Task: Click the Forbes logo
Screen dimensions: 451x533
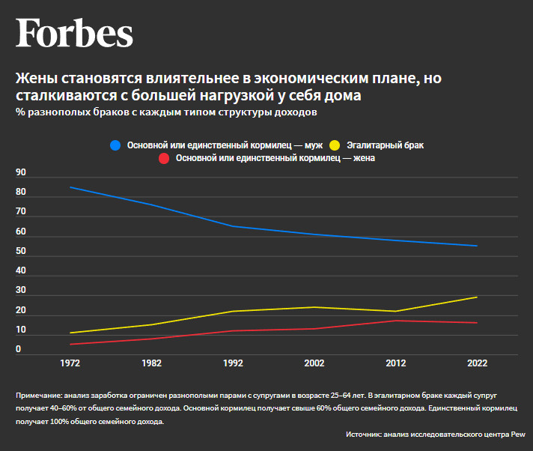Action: (x=75, y=33)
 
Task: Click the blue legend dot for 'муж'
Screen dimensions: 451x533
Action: (x=115, y=145)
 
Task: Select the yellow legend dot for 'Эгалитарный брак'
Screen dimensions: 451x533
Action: (x=335, y=145)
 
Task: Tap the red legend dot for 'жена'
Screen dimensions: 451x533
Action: (x=164, y=158)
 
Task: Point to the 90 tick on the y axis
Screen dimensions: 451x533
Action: (x=21, y=173)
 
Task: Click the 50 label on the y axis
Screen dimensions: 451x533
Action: (x=21, y=251)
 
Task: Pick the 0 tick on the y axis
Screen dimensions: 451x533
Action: (x=19, y=349)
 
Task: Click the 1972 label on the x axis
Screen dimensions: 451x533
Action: (x=70, y=363)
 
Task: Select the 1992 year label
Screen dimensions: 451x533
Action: (x=233, y=363)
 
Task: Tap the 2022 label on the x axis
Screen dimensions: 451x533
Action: (x=477, y=363)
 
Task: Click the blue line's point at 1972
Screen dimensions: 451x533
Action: (x=70, y=187)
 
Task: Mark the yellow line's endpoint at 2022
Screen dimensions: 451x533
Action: (x=477, y=297)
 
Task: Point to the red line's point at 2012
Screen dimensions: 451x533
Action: (x=395, y=321)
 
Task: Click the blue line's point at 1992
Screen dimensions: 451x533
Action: (x=233, y=226)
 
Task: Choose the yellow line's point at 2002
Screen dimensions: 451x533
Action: (x=314, y=307)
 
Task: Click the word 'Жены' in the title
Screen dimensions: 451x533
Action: (x=36, y=79)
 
